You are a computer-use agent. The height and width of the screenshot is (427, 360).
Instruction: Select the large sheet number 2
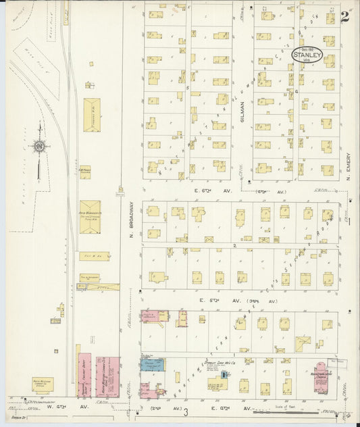345,18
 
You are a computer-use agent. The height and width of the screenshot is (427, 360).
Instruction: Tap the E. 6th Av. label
205,192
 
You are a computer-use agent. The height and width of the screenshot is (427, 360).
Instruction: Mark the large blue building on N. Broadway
151,365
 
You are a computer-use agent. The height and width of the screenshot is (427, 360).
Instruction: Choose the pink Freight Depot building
84,374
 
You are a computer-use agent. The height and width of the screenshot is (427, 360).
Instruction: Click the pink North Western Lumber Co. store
107,376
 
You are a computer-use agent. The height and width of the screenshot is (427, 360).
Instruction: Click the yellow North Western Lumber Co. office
43,384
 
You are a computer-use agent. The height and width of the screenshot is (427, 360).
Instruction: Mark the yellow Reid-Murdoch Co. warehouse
90,217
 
